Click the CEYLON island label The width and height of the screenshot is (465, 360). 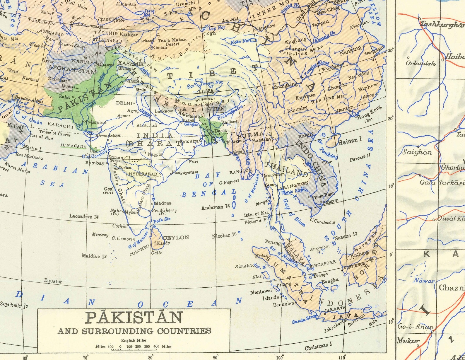pos(176,238)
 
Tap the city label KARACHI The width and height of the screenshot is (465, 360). pos(61,126)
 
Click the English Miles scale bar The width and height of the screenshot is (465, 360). pos(134,347)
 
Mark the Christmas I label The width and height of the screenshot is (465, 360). pos(318,346)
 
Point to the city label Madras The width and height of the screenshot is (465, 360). pos(163,203)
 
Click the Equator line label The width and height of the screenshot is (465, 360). pos(53,281)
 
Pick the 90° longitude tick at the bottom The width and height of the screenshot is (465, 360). pos(216,357)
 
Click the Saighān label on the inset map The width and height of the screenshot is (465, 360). pos(417,152)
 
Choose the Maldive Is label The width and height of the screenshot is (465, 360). pos(94,256)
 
